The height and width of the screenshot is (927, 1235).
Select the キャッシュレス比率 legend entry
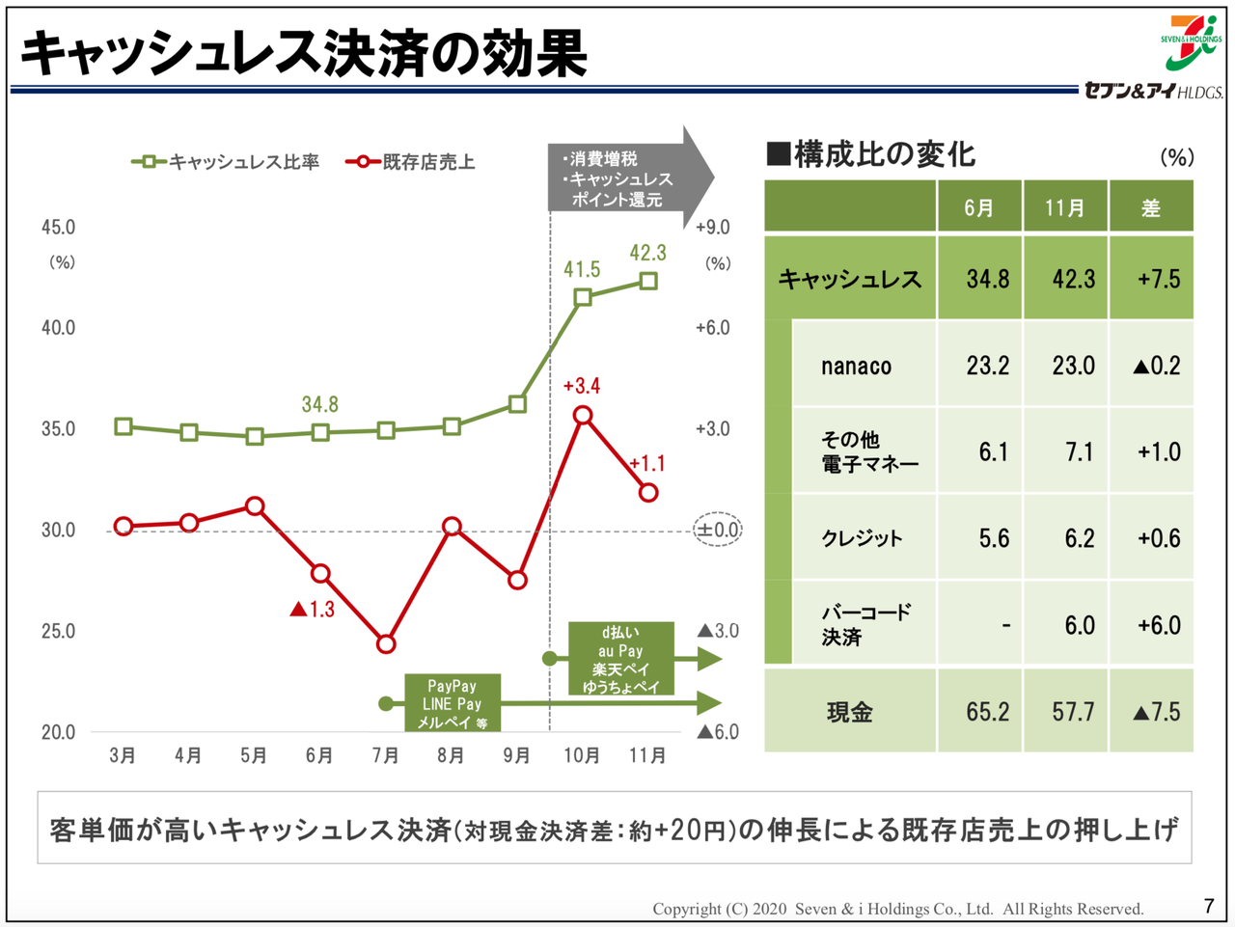coord(227,162)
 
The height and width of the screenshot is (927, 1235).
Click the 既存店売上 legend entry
coord(412,162)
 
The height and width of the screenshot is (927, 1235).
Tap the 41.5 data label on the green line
coord(582,270)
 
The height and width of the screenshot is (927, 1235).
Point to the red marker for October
coord(582,416)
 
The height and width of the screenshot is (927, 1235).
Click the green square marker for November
coord(648,282)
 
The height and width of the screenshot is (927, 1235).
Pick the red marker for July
coord(386,643)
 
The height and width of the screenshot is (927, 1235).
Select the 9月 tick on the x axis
coord(517,755)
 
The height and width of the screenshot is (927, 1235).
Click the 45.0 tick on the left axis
coord(58,228)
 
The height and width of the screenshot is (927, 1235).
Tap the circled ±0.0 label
coord(718,530)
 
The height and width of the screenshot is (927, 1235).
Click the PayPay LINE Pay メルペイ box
coord(453,703)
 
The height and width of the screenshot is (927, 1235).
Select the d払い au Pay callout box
coord(619,659)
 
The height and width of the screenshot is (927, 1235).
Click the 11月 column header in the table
coord(1065,208)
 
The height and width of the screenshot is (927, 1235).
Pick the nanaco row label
coord(856,366)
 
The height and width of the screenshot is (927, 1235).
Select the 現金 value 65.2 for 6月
coord(987,712)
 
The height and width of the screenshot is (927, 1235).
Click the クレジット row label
coord(862,538)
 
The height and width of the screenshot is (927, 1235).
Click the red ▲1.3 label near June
coord(312,609)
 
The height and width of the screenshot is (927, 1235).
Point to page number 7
coord(1208,906)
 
